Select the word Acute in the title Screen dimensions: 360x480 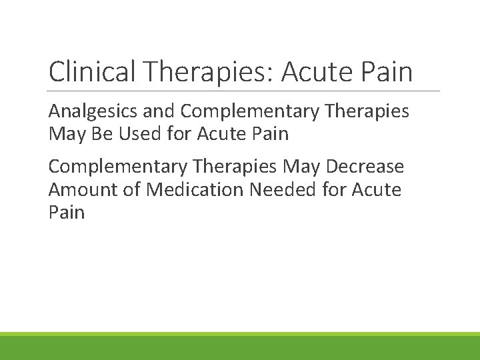tap(320, 72)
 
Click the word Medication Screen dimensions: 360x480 tap(195, 190)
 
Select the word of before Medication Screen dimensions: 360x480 tap(133, 190)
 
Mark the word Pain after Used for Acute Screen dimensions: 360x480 tap(270, 134)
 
